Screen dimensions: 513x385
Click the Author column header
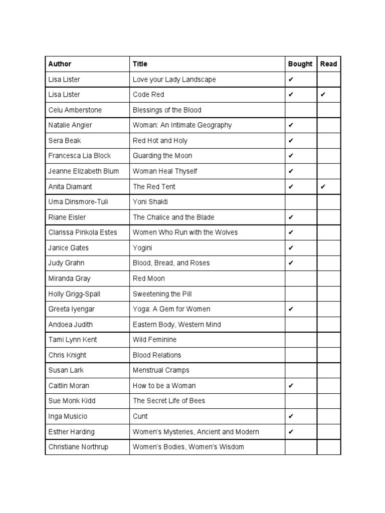(x=60, y=64)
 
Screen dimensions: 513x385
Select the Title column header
(x=140, y=64)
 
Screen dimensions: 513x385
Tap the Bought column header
(x=300, y=64)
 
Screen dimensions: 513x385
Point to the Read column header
(x=328, y=64)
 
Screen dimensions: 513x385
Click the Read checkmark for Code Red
(x=323, y=95)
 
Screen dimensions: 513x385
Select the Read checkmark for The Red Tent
(x=323, y=187)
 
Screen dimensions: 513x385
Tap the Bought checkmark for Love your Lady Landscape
(x=291, y=80)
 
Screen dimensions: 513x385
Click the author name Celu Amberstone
(x=75, y=110)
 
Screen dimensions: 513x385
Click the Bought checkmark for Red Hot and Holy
(x=291, y=141)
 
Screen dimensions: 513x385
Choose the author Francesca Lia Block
(x=80, y=156)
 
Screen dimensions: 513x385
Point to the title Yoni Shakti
(x=149, y=202)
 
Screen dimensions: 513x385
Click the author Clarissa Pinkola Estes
(x=83, y=232)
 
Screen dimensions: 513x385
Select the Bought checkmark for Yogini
(x=291, y=248)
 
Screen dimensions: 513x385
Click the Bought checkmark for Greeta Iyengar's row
(x=291, y=309)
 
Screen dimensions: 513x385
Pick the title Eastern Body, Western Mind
(x=176, y=325)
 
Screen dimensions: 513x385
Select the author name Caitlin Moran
(x=69, y=386)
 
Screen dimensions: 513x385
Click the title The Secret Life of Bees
(x=168, y=401)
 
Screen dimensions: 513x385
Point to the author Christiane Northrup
(x=78, y=447)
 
